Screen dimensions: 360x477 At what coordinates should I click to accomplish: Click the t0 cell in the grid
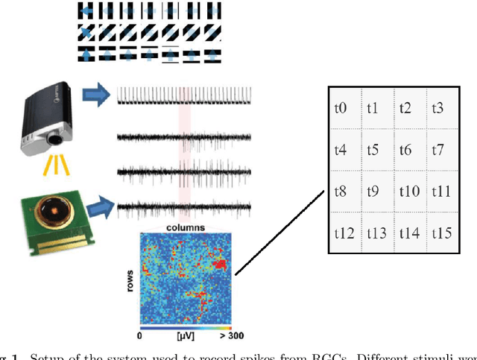click(341, 108)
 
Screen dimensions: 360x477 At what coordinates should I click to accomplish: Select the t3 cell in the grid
click(437, 108)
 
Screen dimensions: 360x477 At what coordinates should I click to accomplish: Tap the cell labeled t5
click(373, 150)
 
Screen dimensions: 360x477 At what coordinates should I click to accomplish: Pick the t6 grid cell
click(405, 150)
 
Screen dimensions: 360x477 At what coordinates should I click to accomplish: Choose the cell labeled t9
click(373, 192)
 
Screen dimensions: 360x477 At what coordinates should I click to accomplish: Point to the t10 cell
click(408, 192)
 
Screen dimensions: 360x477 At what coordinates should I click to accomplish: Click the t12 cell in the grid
click(344, 233)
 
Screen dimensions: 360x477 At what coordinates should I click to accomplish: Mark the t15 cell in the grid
click(442, 233)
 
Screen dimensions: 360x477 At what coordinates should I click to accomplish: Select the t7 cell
click(437, 150)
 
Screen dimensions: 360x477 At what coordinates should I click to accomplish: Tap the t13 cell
click(376, 233)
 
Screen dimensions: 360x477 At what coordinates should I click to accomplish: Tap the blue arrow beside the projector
click(95, 94)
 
